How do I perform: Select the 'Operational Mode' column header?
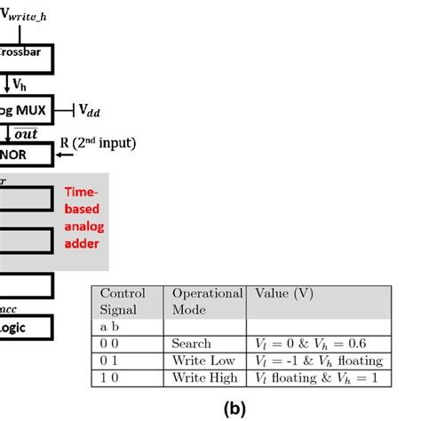(206, 301)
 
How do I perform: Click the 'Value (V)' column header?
(283, 293)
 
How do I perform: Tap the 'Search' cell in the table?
(192, 343)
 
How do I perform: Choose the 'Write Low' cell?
(204, 361)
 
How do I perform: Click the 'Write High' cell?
(205, 377)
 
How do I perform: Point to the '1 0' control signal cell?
(109, 377)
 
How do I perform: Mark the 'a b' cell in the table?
(109, 327)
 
